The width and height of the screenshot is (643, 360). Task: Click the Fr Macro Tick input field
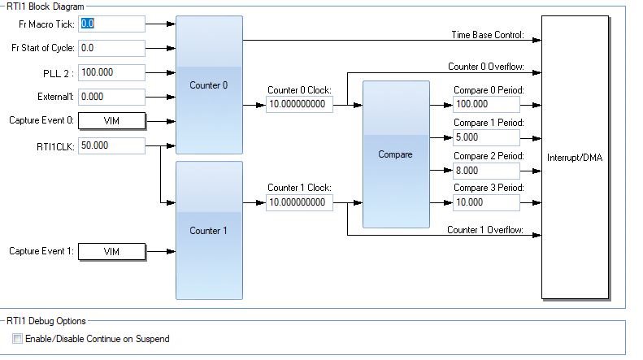point(111,24)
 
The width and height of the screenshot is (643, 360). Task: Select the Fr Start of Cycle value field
point(111,48)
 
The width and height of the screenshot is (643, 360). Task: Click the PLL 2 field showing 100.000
point(111,72)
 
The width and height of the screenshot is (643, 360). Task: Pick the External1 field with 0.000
point(111,97)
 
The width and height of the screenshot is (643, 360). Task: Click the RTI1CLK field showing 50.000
point(111,145)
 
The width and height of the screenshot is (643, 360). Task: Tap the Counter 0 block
point(209,85)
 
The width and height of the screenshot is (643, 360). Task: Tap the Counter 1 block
point(209,230)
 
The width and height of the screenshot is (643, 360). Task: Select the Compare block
point(395,154)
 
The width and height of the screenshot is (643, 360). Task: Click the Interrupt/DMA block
point(575,157)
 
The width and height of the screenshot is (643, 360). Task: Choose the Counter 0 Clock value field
point(299,105)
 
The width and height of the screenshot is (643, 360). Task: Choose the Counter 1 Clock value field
point(299,202)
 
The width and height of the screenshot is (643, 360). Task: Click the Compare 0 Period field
point(486,105)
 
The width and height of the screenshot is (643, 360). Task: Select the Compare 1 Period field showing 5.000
point(486,137)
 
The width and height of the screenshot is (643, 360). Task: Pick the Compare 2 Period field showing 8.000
point(486,171)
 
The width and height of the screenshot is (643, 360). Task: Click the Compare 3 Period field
point(486,202)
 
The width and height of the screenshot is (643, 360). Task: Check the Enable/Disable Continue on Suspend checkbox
point(17,339)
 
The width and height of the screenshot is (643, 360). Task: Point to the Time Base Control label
point(488,35)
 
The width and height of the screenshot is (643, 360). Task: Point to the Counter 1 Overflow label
point(485,230)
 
